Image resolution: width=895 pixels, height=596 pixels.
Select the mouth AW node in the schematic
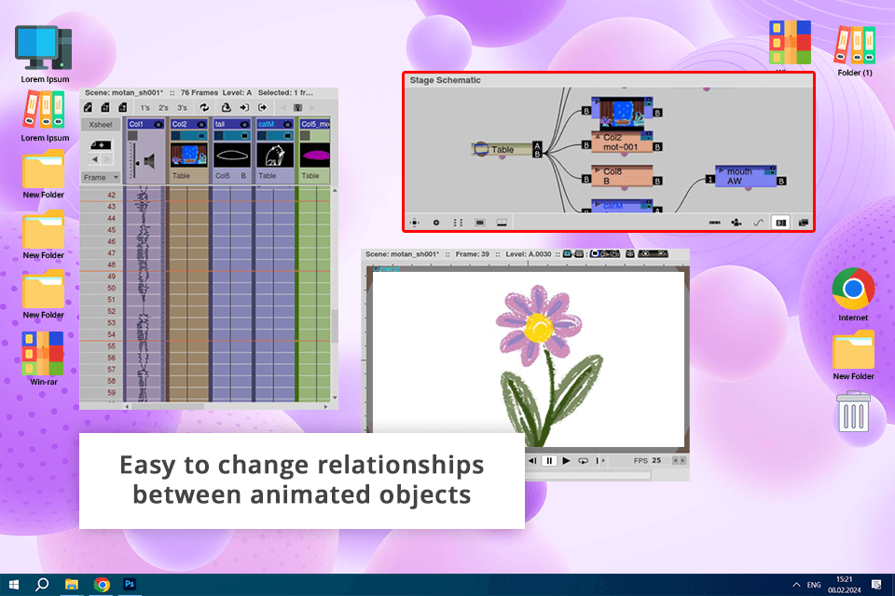[x=746, y=177]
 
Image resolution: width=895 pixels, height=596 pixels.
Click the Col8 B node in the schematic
[x=620, y=177]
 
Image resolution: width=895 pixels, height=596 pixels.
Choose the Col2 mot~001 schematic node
[x=620, y=142]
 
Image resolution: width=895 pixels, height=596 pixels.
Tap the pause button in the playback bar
[x=549, y=461]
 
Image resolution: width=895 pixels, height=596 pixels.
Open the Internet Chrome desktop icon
[x=853, y=290]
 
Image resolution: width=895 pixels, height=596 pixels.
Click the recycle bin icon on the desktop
[x=853, y=412]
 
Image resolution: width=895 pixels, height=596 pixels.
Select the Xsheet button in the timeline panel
[x=100, y=124]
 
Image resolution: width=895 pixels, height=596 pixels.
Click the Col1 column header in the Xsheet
[x=145, y=124]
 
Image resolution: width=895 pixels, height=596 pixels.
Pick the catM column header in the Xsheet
[x=271, y=124]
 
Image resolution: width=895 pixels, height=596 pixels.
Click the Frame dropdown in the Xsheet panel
[x=101, y=177]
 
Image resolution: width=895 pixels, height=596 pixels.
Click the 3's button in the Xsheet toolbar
[x=183, y=108]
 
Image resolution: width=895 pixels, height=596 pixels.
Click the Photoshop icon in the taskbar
[x=131, y=584]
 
